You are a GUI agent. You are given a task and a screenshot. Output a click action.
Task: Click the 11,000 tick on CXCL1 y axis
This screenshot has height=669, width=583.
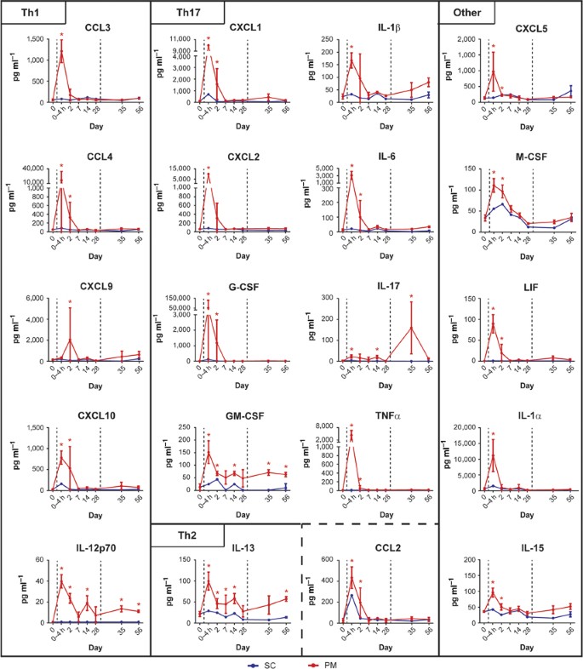tap(181, 39)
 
